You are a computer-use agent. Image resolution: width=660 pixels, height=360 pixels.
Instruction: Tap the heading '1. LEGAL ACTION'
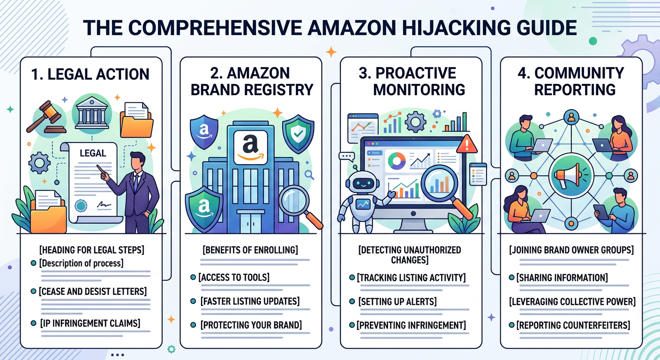(x=90, y=74)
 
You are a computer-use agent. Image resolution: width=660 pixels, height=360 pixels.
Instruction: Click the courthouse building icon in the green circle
(x=91, y=113)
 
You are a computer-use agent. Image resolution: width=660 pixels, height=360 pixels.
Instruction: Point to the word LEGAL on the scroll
(x=93, y=153)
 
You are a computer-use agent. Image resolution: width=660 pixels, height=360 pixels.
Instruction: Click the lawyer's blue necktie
(x=136, y=182)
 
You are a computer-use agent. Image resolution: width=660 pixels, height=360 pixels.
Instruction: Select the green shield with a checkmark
(x=298, y=134)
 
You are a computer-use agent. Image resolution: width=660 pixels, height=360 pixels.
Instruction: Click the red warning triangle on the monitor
(x=466, y=145)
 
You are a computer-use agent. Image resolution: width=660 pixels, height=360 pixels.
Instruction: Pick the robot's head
(x=362, y=183)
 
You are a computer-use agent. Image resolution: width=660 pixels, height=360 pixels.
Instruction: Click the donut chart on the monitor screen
(x=397, y=161)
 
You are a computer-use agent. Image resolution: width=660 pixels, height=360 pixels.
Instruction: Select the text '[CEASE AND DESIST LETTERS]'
(x=92, y=292)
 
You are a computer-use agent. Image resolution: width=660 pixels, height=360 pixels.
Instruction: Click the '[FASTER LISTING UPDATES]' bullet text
(x=250, y=301)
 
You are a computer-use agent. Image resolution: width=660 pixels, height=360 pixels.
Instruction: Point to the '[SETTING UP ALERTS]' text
(x=397, y=301)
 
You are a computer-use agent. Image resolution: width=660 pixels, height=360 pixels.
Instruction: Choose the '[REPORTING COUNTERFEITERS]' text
(x=573, y=325)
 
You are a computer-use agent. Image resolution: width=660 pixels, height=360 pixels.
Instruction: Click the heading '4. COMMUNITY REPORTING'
(x=571, y=82)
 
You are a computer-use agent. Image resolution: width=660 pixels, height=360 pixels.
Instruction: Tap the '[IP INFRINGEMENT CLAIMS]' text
(x=90, y=323)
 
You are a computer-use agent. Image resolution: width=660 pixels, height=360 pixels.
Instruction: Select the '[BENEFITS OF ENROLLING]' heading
(x=250, y=250)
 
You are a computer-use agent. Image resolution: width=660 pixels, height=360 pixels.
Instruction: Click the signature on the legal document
(x=104, y=204)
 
